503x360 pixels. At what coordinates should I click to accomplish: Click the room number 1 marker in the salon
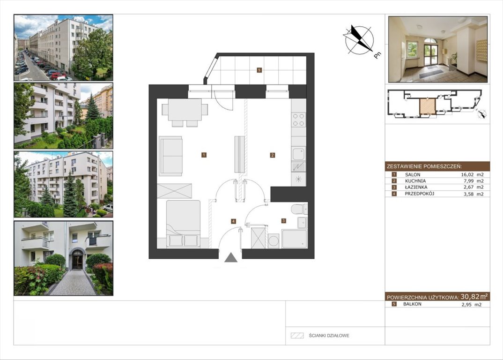pyautogui.click(x=204, y=155)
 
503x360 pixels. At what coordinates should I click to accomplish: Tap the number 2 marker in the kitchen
pyautogui.click(x=273, y=155)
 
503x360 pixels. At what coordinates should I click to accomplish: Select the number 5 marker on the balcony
pyautogui.click(x=259, y=70)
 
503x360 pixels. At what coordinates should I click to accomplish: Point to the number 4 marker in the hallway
pyautogui.click(x=234, y=221)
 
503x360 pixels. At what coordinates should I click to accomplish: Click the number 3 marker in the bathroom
pyautogui.click(x=283, y=221)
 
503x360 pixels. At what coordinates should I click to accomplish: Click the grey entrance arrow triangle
pyautogui.click(x=230, y=257)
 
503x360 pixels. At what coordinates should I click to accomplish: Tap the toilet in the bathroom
pyautogui.click(x=299, y=210)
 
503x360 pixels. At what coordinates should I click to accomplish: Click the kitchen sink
pyautogui.click(x=298, y=154)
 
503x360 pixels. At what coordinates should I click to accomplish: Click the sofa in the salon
pyautogui.click(x=170, y=156)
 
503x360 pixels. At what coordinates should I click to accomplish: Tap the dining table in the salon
pyautogui.click(x=185, y=110)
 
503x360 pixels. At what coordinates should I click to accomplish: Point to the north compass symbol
pyautogui.click(x=359, y=40)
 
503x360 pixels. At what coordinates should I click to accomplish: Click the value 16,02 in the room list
pyautogui.click(x=467, y=175)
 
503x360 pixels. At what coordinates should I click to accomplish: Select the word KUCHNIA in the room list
pyautogui.click(x=415, y=181)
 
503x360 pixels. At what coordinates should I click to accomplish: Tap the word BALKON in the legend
pyautogui.click(x=412, y=304)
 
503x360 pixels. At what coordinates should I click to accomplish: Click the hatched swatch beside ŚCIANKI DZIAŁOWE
pyautogui.click(x=297, y=336)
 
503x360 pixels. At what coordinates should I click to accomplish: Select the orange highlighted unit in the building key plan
pyautogui.click(x=427, y=106)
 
